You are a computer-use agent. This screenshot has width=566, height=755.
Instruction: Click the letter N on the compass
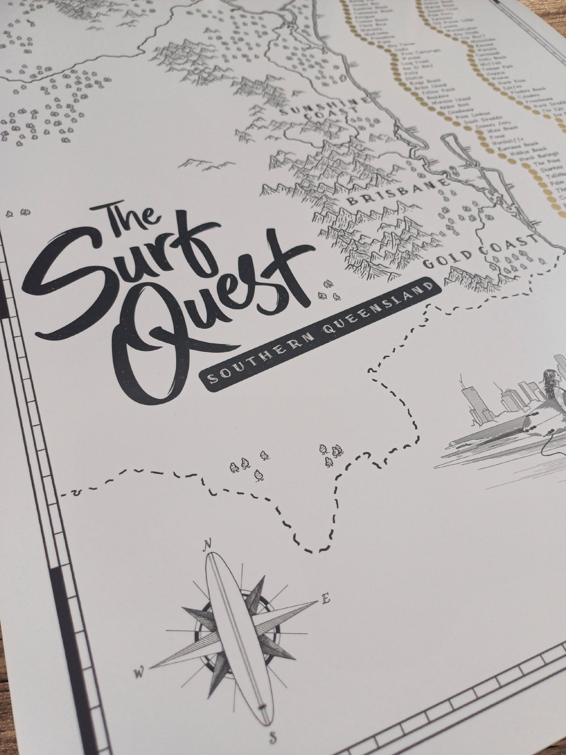click(208, 544)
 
